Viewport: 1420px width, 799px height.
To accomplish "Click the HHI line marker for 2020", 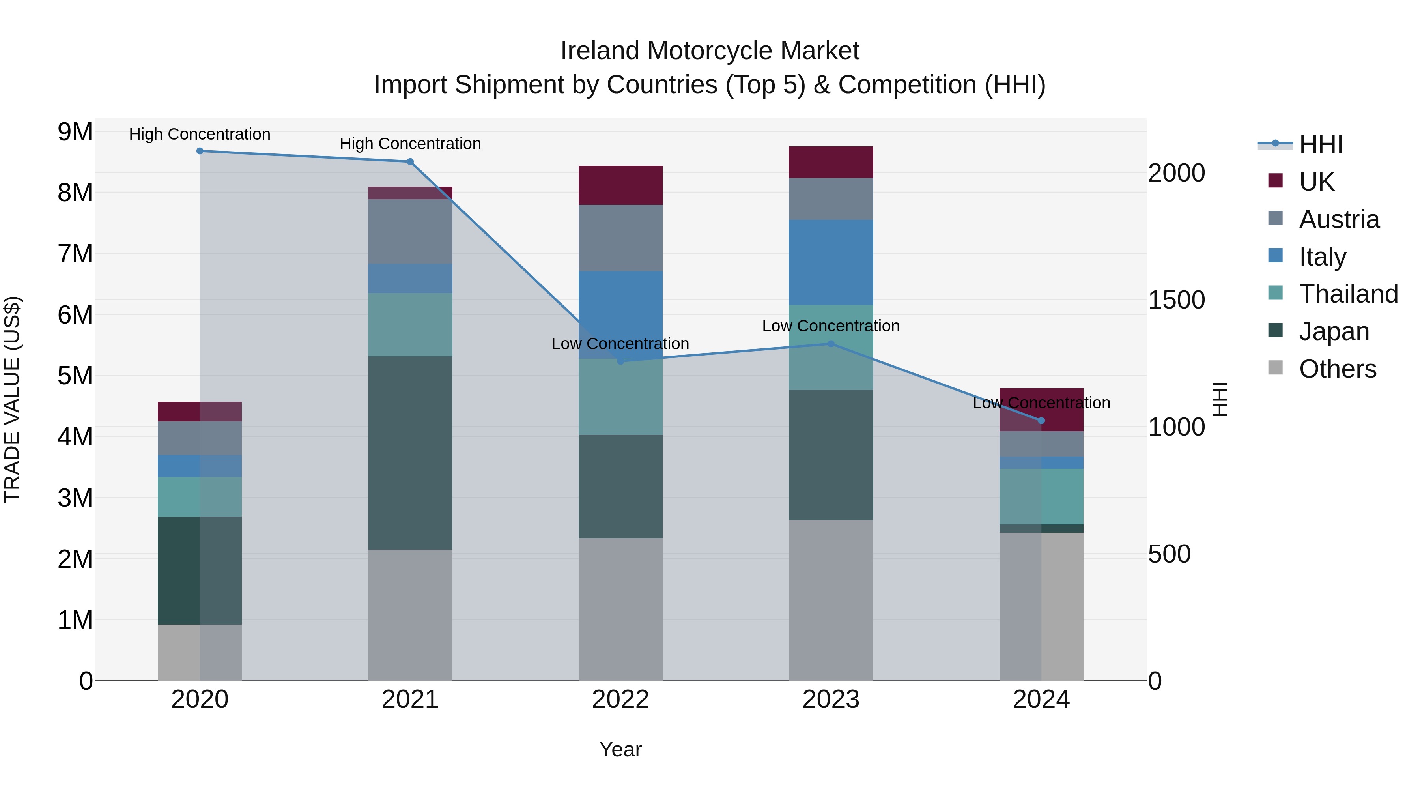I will pos(200,151).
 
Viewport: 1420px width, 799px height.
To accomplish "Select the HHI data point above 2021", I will pos(410,161).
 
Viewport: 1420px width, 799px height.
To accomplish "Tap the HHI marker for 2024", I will pos(1041,421).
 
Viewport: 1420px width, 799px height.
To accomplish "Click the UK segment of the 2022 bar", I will pos(620,185).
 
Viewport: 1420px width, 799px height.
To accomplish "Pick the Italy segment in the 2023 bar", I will pos(831,262).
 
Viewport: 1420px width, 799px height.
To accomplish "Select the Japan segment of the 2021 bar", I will pos(410,453).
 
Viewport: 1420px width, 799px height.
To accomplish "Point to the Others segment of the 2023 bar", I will pos(831,600).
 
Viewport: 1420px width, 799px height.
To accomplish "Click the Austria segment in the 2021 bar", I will pos(410,231).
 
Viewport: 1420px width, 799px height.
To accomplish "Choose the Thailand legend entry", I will pos(1348,294).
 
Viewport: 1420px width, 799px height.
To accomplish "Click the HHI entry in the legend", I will pos(1320,144).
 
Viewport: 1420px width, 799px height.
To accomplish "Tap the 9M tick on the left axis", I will pos(75,132).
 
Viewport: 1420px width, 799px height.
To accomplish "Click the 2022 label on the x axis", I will pos(620,700).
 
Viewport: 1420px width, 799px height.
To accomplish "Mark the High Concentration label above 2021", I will pos(410,143).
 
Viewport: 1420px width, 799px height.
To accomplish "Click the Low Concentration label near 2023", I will pos(831,326).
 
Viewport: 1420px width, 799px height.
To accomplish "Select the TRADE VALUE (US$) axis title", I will pos(12,399).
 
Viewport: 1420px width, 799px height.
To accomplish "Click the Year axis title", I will pos(620,749).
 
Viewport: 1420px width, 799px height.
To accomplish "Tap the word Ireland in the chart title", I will pos(600,51).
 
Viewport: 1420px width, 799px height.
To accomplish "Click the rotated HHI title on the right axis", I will pos(1220,399).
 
